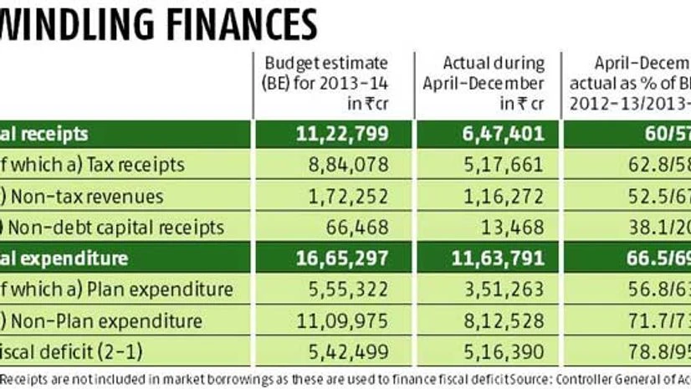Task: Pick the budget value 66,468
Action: point(362,227)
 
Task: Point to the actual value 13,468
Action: point(519,227)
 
